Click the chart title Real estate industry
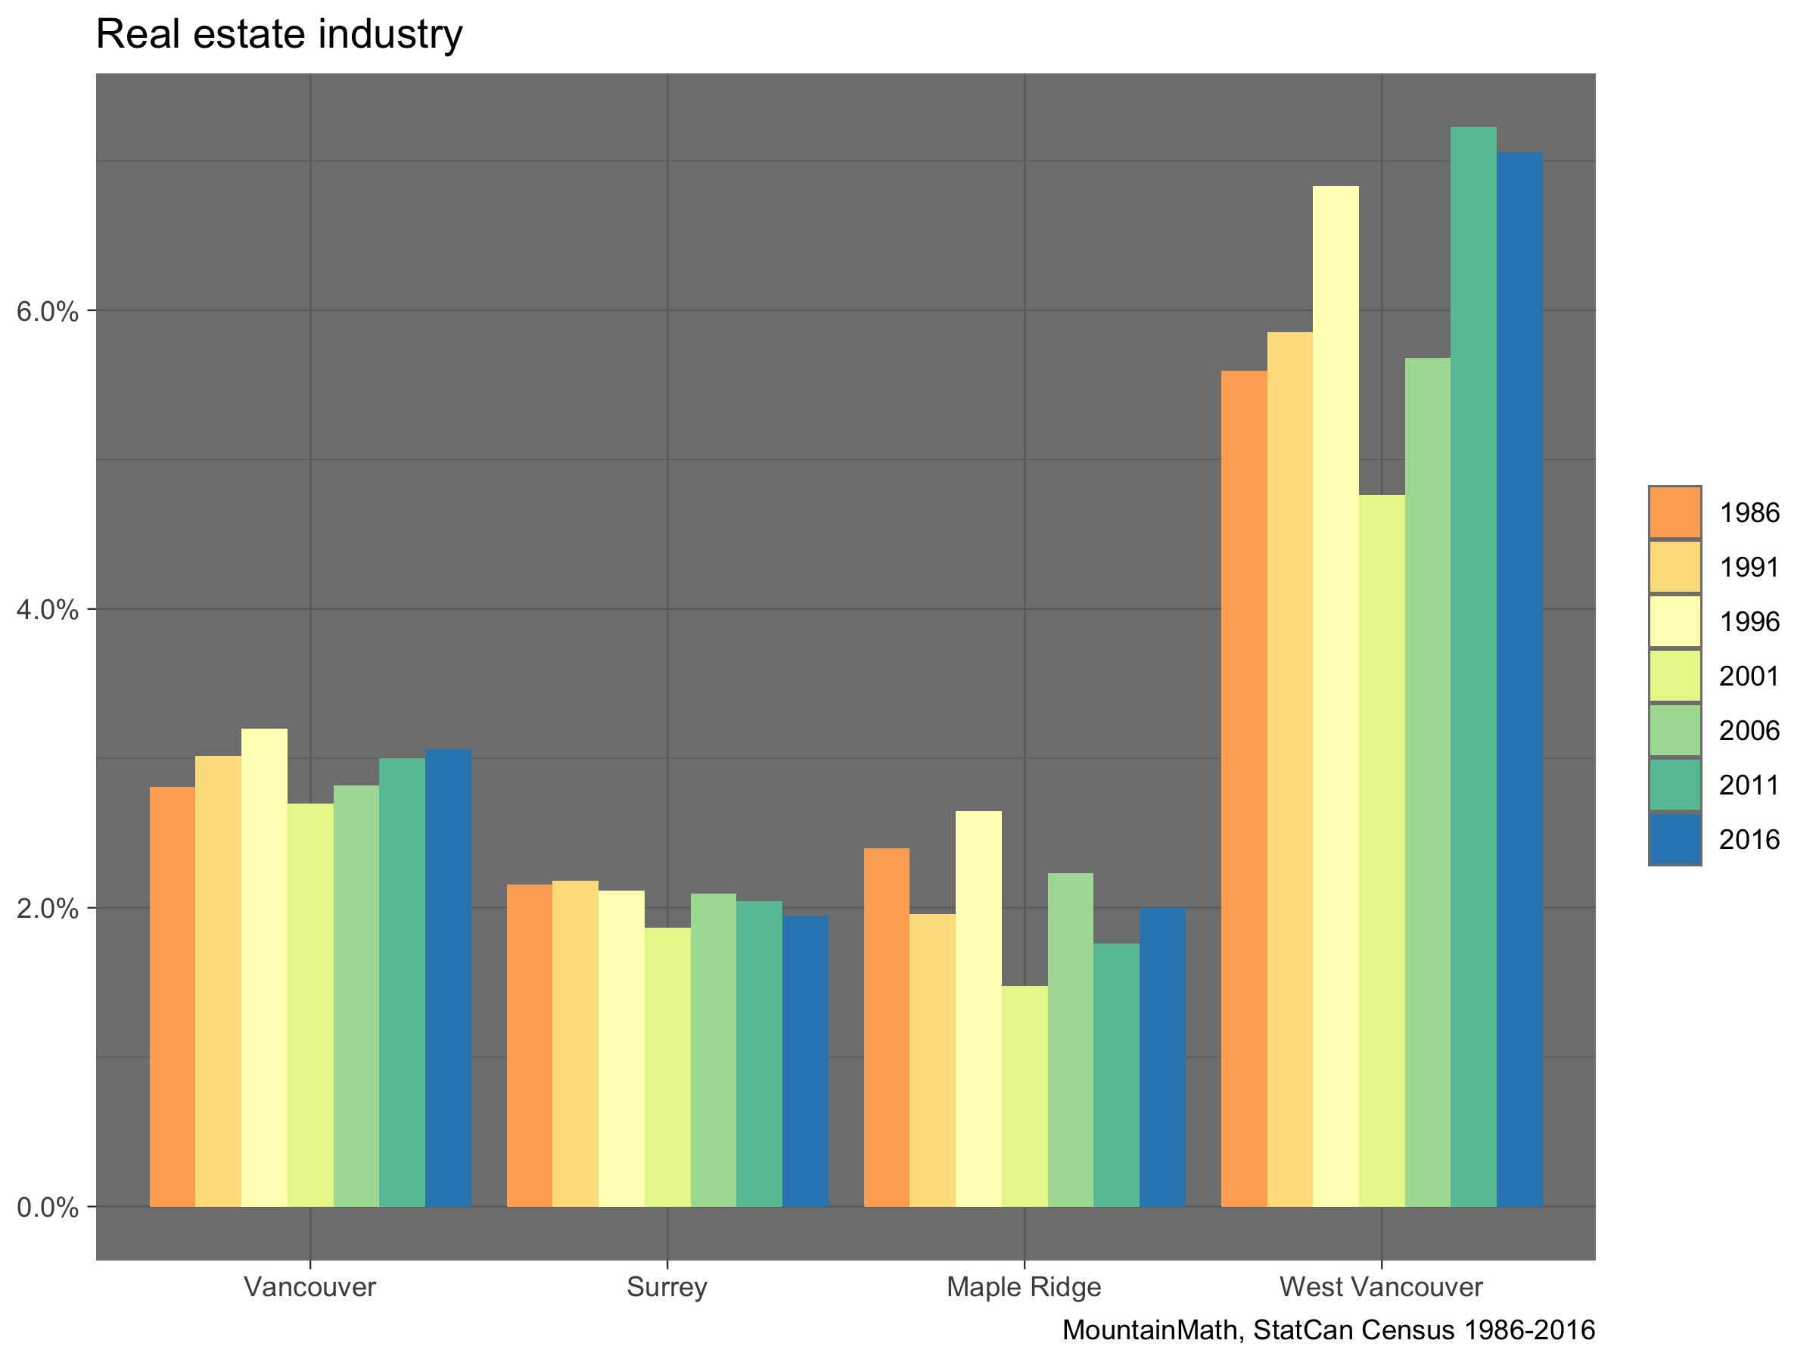pos(279,35)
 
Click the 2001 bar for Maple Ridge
pos(1025,1095)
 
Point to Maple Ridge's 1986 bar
pos(887,1026)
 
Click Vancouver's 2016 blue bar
pos(448,977)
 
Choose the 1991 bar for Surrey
pos(576,1043)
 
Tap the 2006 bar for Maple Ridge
pos(1071,1040)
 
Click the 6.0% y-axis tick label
pos(48,312)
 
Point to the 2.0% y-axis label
pos(48,909)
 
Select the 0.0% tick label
pos(48,1208)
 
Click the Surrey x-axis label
pos(667,1286)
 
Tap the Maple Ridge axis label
pos(1024,1286)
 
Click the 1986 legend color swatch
pos(1675,513)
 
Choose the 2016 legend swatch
pos(1675,839)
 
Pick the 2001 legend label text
pos(1749,676)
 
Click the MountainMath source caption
pos(1329,1330)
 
